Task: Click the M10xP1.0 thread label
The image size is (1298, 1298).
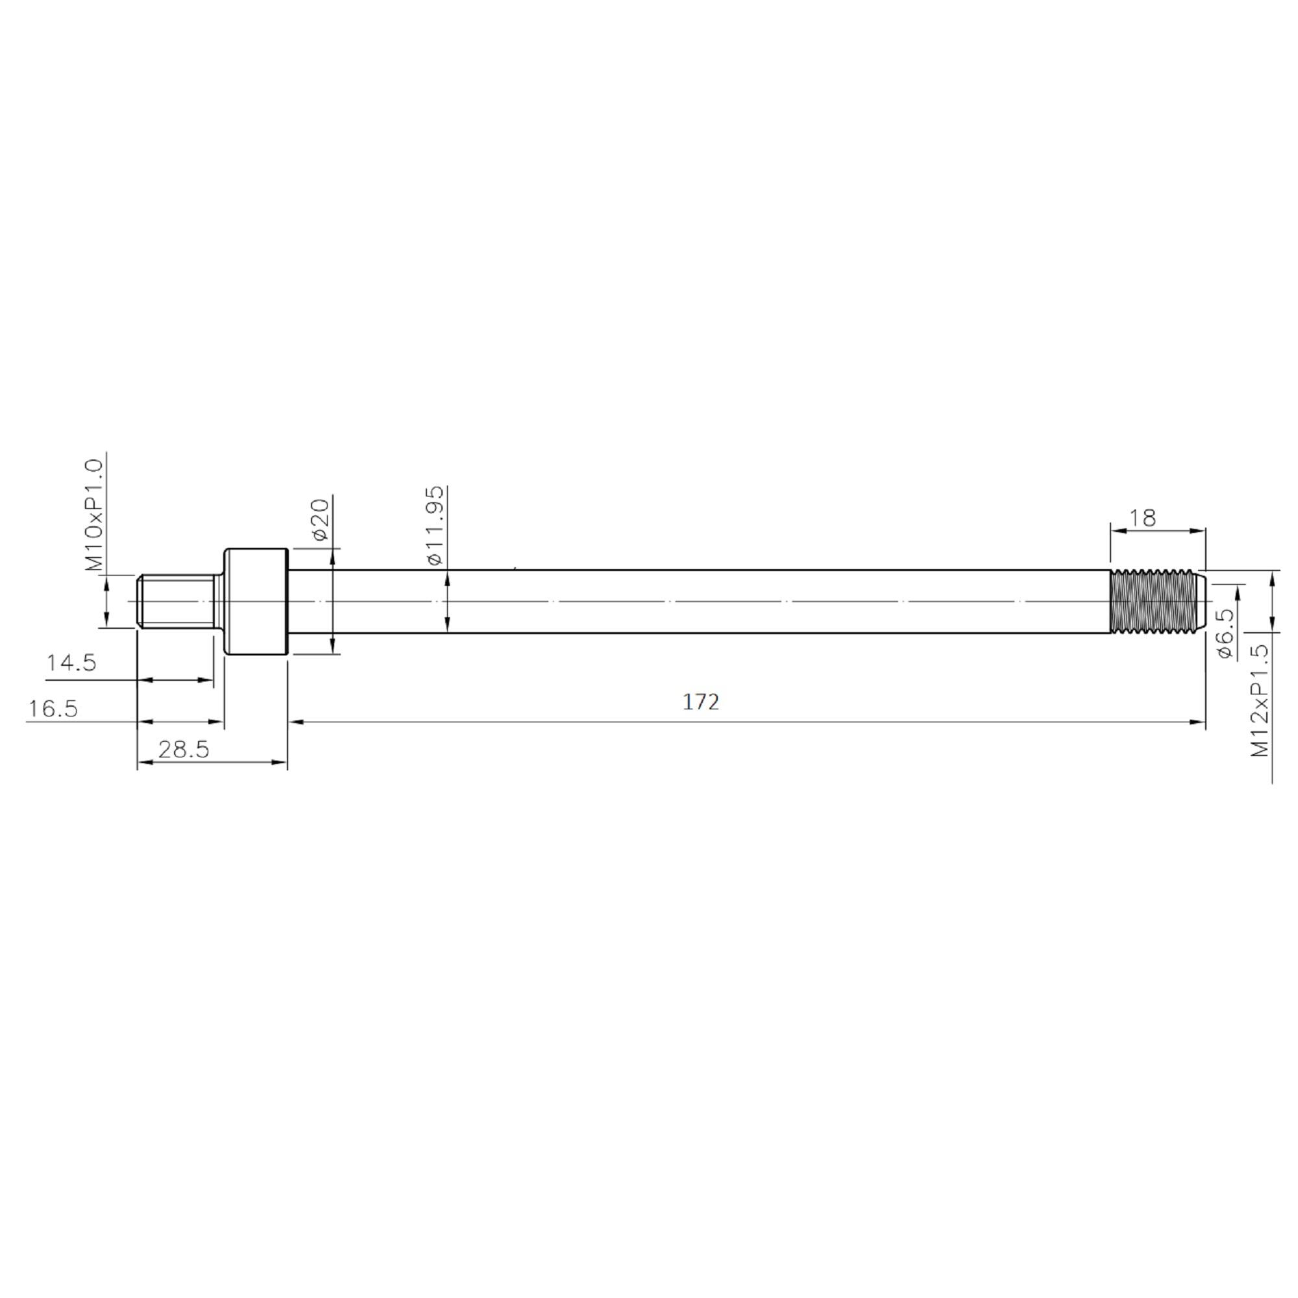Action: pos(95,515)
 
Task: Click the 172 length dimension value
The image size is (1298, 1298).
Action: pos(701,702)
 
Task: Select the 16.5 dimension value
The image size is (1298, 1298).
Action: pos(53,709)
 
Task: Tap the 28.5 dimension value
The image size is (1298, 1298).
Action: pos(184,750)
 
